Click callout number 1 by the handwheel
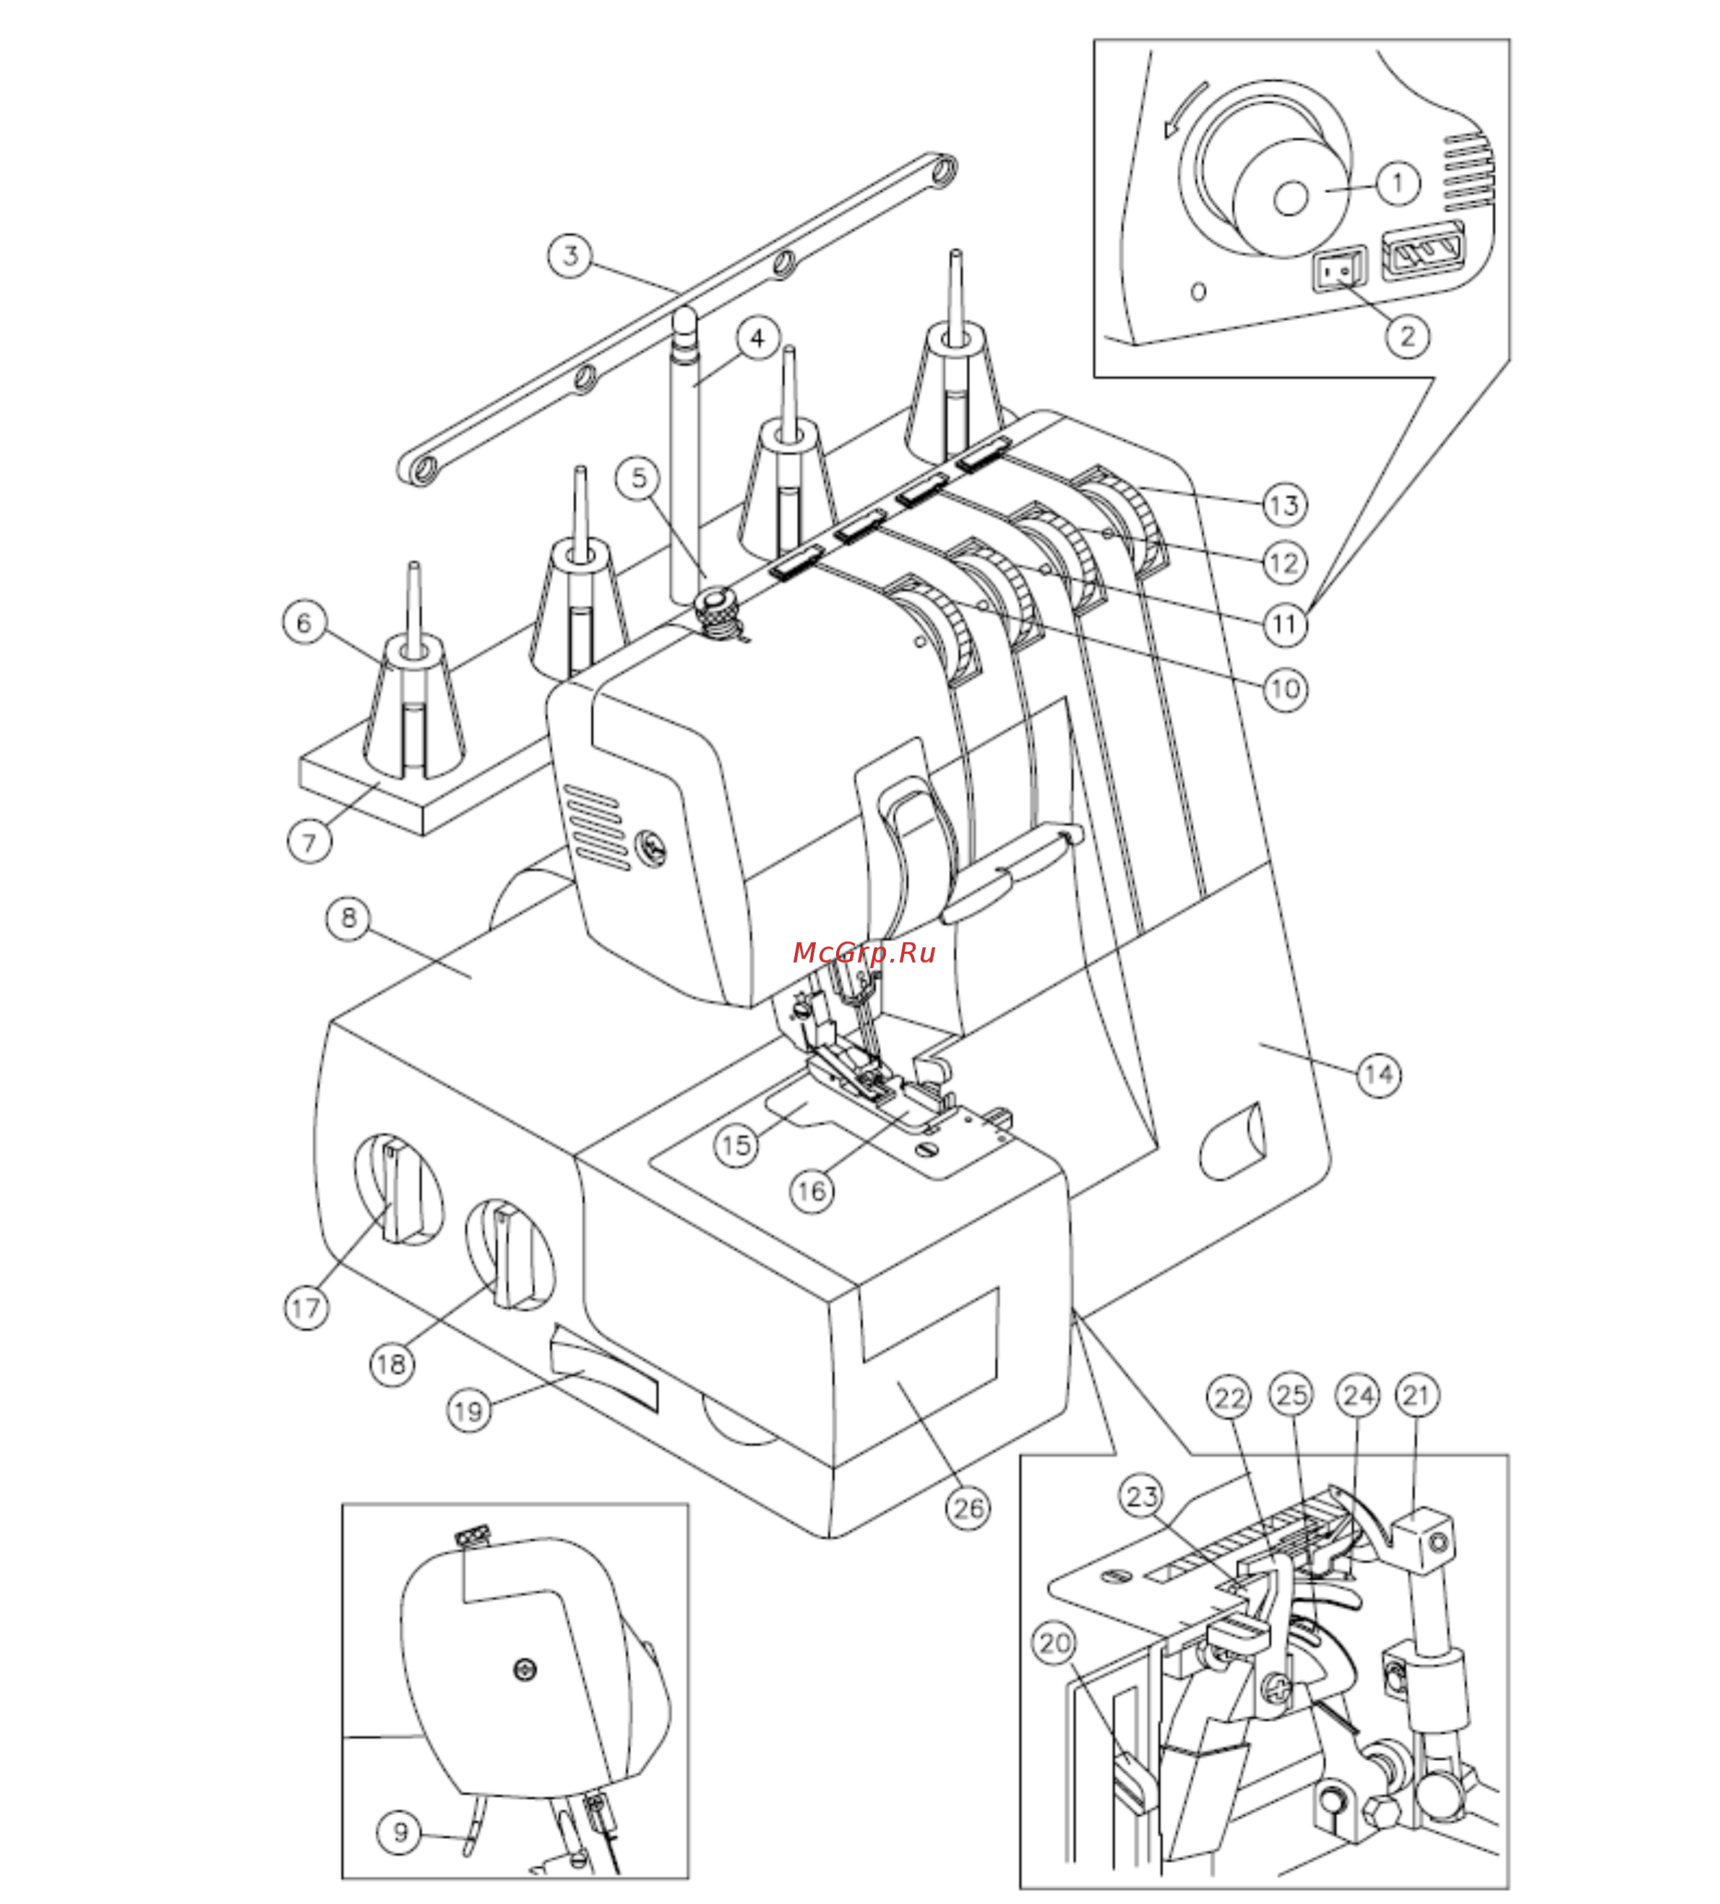(x=1398, y=182)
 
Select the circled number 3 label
(x=569, y=255)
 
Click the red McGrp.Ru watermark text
(x=864, y=952)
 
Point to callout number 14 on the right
(x=1378, y=1074)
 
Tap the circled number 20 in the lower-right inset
(x=1054, y=1643)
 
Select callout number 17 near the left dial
(x=306, y=1308)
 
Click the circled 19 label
(x=468, y=1412)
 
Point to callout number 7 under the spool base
(x=309, y=840)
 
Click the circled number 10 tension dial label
(x=1284, y=689)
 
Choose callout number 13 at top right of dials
(x=1284, y=504)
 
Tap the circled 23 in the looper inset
(x=1142, y=1496)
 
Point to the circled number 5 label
(x=639, y=478)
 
